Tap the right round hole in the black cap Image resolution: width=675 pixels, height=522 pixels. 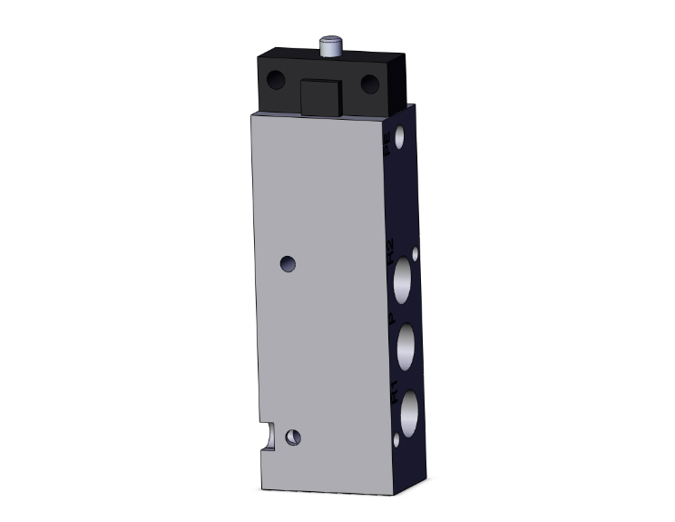[x=369, y=84]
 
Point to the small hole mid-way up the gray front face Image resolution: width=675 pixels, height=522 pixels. [x=288, y=264]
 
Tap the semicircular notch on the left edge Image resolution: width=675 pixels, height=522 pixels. [x=266, y=435]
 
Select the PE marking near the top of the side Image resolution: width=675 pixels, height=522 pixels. [x=387, y=145]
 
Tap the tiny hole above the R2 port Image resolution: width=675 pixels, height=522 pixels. [x=416, y=254]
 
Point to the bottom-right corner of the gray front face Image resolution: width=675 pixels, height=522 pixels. [x=393, y=493]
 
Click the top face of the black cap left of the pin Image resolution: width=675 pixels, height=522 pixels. [x=290, y=55]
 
